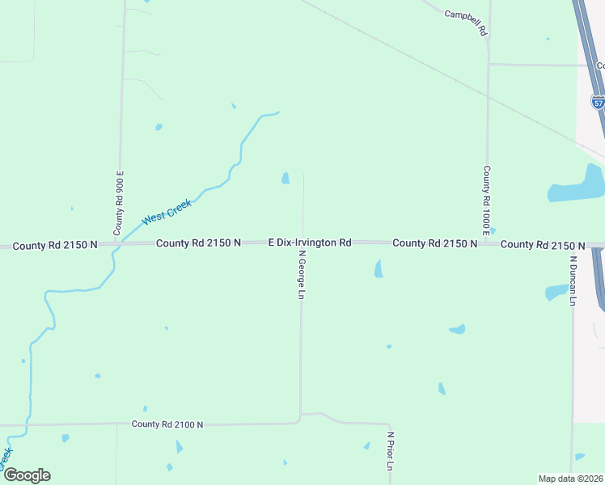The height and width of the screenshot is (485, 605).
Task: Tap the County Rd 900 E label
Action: (119, 204)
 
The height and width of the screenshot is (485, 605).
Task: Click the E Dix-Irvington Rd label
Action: (310, 242)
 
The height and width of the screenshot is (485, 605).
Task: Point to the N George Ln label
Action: (301, 275)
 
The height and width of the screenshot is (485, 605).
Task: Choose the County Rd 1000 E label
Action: (487, 200)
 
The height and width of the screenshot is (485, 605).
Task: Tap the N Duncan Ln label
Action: (573, 280)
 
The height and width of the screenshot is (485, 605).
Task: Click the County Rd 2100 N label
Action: (167, 424)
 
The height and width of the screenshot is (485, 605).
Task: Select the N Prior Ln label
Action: (390, 451)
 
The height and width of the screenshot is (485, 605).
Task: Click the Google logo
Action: (26, 475)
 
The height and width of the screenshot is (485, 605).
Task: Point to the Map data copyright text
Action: (570, 478)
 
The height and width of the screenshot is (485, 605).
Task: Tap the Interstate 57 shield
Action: (598, 103)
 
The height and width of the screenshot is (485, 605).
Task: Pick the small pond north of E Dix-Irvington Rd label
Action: (285, 178)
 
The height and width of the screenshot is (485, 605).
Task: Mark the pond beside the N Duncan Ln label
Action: (556, 292)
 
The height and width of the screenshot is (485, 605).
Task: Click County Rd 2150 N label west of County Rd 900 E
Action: (55, 244)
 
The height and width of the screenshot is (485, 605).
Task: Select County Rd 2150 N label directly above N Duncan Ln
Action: (542, 245)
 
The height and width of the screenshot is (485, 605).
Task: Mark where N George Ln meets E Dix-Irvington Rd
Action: (302, 242)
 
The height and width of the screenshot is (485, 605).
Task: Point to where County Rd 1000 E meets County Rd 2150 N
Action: (487, 242)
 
